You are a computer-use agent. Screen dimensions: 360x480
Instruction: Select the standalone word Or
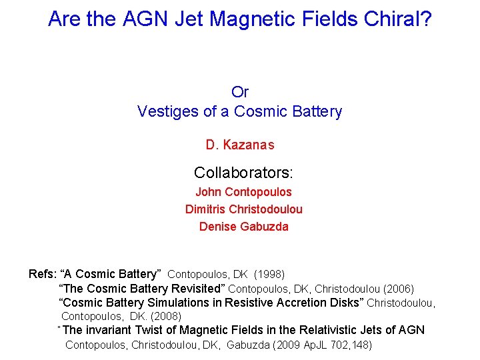point(240,92)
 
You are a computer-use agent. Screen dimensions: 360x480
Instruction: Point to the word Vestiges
point(167,111)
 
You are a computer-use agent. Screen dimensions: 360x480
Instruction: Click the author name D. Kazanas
point(240,145)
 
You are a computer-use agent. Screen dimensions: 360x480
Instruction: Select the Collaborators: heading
point(243,173)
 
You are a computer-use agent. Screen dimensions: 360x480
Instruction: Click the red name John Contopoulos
point(243,192)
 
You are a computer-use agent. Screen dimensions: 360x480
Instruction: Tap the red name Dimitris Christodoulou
point(243,209)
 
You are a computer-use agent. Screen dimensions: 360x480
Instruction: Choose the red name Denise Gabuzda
point(243,227)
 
